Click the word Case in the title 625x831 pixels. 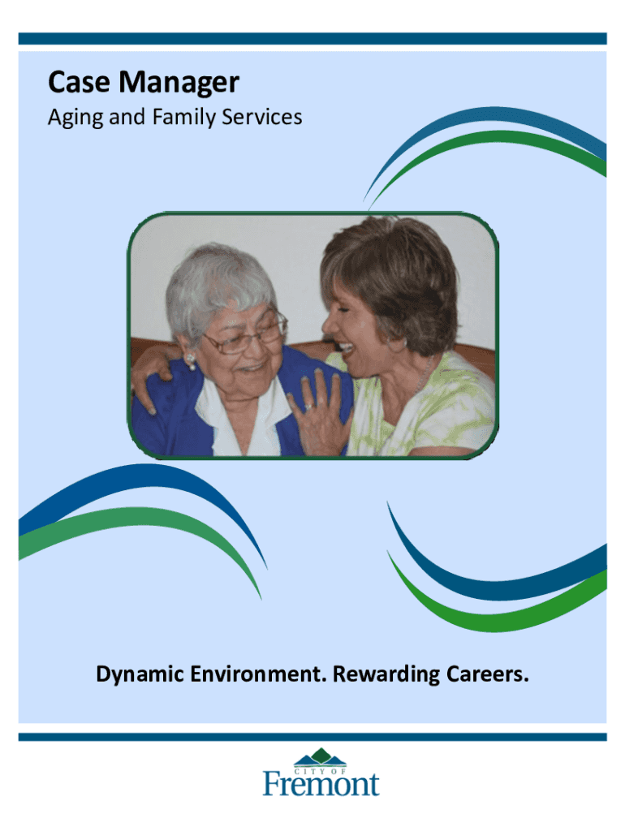click(79, 82)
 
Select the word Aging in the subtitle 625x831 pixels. click(75, 118)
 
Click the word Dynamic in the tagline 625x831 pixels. click(140, 674)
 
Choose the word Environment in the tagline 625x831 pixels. click(258, 674)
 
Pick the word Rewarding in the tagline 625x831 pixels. click(386, 674)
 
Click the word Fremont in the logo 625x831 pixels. click(321, 784)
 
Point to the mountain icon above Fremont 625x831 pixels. click(320, 757)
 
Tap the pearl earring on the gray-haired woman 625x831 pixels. click(190, 362)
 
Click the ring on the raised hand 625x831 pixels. click(308, 407)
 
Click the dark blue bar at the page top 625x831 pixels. click(312, 39)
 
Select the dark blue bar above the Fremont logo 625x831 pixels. click(312, 737)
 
